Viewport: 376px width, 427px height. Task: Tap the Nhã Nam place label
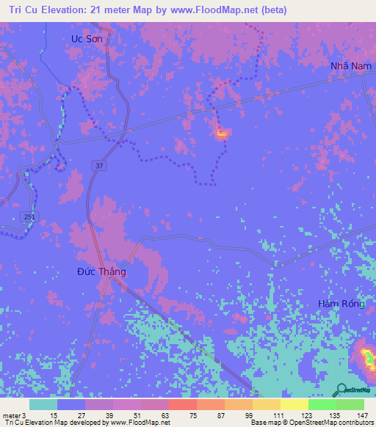[x=347, y=66]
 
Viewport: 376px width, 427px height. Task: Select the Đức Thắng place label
[x=101, y=271]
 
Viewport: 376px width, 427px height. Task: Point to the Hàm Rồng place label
[x=339, y=304]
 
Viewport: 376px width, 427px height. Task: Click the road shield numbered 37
[x=98, y=167]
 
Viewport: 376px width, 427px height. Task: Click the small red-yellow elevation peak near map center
[x=222, y=134]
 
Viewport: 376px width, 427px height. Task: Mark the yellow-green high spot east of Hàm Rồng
[x=367, y=358]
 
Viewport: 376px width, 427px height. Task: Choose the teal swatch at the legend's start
[x=43, y=404]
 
